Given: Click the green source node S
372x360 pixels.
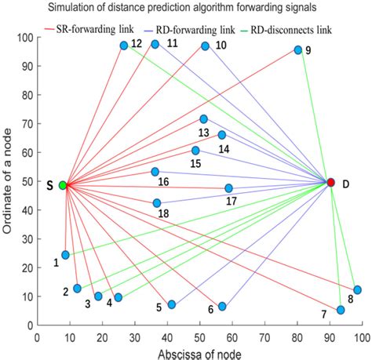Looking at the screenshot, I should click(63, 185).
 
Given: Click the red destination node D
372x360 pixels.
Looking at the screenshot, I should click(330, 182).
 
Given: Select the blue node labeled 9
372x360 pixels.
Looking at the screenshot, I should click(298, 50).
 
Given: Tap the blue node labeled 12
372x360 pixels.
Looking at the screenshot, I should click(124, 45).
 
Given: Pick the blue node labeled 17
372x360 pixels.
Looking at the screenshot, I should click(228, 188).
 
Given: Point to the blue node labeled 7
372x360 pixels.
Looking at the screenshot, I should click(341, 310).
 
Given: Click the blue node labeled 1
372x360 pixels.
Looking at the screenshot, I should click(65, 255).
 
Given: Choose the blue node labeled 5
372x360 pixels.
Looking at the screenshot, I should click(172, 304).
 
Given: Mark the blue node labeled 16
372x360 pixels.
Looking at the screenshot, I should click(155, 172).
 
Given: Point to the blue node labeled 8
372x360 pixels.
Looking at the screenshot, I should click(357, 289).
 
